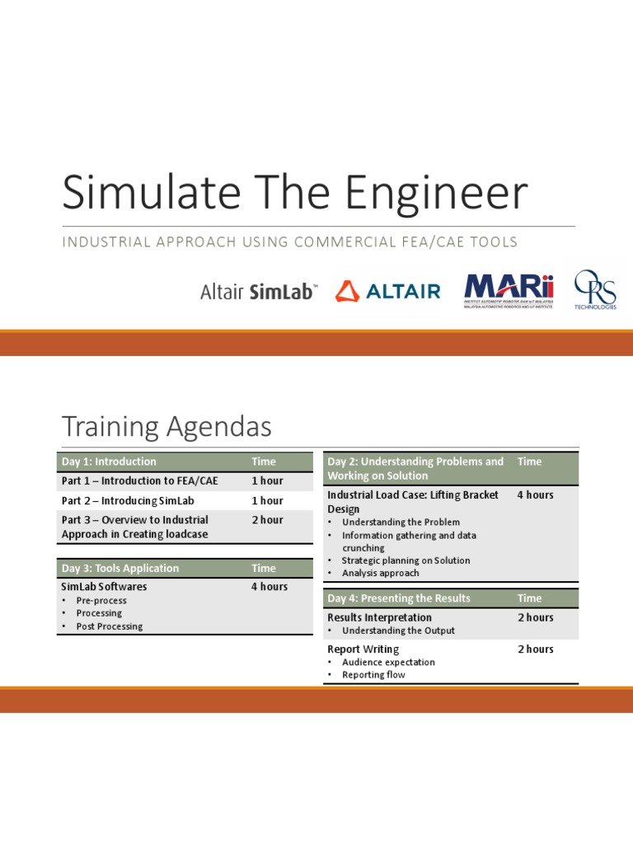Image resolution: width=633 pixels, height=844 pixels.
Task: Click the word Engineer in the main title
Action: point(436,193)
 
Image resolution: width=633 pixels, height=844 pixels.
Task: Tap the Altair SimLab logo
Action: point(258,292)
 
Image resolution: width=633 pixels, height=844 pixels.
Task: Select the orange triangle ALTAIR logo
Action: point(387,291)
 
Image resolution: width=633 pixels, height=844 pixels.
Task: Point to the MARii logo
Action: point(509,290)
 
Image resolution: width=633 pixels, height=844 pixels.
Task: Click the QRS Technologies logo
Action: point(595,290)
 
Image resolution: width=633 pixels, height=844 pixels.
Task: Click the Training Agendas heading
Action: point(166,426)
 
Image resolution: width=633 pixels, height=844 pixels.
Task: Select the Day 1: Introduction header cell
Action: point(109,462)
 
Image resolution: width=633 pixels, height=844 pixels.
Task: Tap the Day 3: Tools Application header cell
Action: point(120,568)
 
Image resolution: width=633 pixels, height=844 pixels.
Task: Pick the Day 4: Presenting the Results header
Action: point(399,598)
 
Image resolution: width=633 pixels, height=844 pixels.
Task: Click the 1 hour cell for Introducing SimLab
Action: point(267,500)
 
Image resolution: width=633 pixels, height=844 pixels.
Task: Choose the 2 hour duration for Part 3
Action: point(267,520)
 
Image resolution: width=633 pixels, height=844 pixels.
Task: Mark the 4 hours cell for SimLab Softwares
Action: point(270,587)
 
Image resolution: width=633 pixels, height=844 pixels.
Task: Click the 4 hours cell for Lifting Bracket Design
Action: point(535,495)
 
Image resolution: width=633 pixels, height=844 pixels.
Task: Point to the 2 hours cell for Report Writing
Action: point(536,649)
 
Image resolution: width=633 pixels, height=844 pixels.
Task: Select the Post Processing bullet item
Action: point(109,626)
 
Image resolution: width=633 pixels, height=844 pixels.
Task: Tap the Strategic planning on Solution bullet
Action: point(406,560)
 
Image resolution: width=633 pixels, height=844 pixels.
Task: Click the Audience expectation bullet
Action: point(388,662)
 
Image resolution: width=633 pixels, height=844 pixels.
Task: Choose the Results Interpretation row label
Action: point(379,617)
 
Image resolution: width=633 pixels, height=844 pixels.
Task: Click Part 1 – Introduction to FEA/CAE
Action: point(139,481)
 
